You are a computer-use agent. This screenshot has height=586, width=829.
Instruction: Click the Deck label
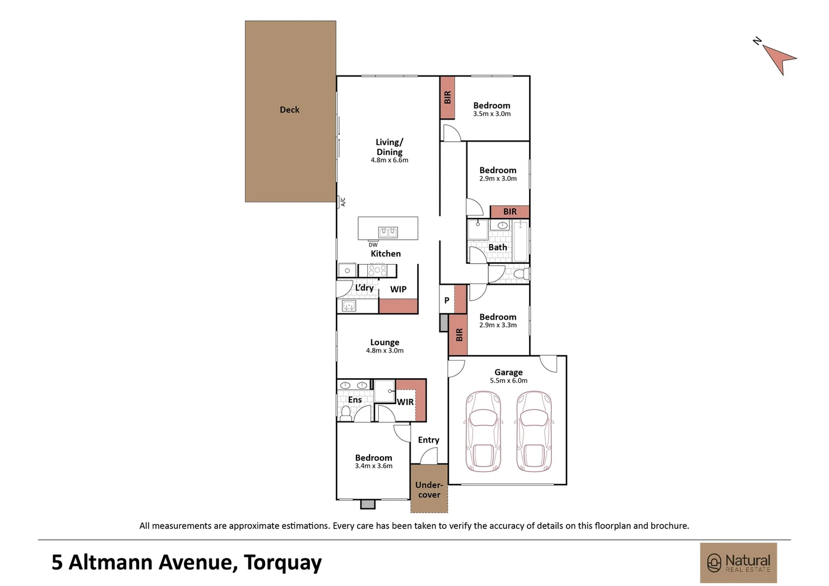(289, 110)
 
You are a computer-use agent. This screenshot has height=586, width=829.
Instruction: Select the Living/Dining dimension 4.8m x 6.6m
(390, 160)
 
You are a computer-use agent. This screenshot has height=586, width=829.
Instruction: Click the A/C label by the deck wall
(343, 202)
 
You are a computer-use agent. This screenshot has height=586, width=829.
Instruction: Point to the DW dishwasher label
(373, 245)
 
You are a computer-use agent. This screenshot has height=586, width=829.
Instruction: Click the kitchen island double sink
(388, 232)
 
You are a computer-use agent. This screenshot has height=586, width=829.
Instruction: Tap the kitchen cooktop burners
(377, 270)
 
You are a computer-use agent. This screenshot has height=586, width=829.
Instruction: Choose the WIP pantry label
(398, 290)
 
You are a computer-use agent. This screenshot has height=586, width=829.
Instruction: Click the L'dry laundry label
(364, 288)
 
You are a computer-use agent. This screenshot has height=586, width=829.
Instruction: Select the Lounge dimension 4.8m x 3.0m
(385, 351)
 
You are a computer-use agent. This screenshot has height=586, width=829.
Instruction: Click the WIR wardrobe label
(405, 402)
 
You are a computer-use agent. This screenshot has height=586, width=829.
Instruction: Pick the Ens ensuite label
(355, 400)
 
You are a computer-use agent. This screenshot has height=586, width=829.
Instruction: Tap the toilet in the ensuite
(346, 414)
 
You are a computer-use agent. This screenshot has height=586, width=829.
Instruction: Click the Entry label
(429, 440)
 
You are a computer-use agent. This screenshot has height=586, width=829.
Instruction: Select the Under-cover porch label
(429, 490)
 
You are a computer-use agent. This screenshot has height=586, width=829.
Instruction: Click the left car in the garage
(483, 432)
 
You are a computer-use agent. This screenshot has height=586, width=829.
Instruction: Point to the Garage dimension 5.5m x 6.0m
(508, 380)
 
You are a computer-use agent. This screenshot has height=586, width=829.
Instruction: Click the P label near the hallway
(447, 301)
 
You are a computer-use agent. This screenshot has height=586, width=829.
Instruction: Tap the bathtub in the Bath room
(520, 241)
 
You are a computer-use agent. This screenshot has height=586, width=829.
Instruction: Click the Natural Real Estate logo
(738, 563)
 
